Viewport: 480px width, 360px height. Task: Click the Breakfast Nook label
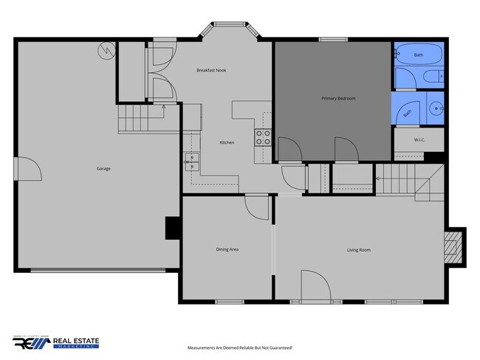[210, 71]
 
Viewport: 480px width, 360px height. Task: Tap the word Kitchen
[227, 142]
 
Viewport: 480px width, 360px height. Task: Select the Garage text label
[103, 169]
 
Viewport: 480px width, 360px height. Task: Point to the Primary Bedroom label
[334, 98]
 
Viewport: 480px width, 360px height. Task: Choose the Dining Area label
[227, 249]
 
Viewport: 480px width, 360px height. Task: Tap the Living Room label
[358, 250]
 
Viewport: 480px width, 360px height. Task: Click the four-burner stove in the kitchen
[264, 137]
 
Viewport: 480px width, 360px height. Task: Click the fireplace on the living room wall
[454, 245]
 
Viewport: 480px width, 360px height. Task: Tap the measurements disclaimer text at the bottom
[240, 347]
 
